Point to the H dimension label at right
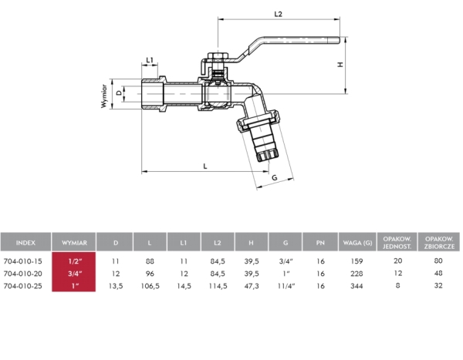pyautogui.click(x=340, y=66)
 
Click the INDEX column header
pyautogui.click(x=25, y=243)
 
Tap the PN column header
pyautogui.click(x=319, y=243)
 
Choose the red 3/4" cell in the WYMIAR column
pyautogui.click(x=74, y=274)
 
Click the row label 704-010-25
pyautogui.click(x=23, y=286)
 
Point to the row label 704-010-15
pyautogui.click(x=23, y=261)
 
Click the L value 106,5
pyautogui.click(x=150, y=286)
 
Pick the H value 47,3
pyautogui.click(x=251, y=286)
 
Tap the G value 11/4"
pyautogui.click(x=285, y=286)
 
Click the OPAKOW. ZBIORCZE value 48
pyautogui.click(x=439, y=274)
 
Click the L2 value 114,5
pyautogui.click(x=218, y=286)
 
